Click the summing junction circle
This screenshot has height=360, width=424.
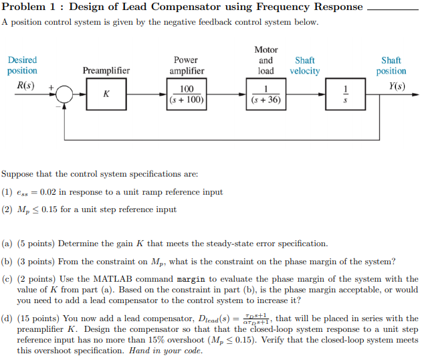pos(64,95)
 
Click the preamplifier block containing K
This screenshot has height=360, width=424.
pos(106,94)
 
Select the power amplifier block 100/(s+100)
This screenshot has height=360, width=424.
pos(187,94)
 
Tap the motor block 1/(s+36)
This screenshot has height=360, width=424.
pos(266,94)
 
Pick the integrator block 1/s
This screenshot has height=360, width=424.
pos(345,94)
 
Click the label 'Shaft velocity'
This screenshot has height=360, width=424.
pos(305,66)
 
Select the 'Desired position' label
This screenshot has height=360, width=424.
pos(22,66)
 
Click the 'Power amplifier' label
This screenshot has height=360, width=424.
pos(187,66)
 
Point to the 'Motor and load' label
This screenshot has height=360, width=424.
pos(266,60)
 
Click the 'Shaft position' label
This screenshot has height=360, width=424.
pos(391,66)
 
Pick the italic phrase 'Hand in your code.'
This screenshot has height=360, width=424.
pos(166,351)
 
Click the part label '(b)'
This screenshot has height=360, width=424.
pos(7,262)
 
